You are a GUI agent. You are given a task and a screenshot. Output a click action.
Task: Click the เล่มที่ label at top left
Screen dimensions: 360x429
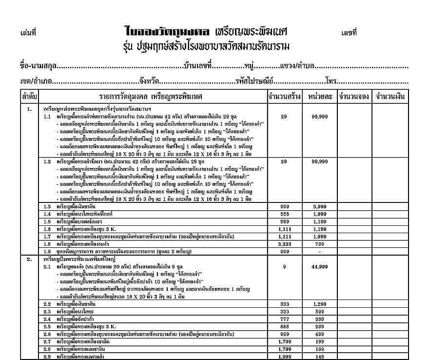[29, 34]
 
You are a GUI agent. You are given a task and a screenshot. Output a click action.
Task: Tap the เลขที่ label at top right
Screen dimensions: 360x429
[350, 33]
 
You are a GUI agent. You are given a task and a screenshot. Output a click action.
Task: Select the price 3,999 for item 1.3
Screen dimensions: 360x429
[320, 207]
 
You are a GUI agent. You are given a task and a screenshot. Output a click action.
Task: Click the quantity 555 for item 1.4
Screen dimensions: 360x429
[285, 214]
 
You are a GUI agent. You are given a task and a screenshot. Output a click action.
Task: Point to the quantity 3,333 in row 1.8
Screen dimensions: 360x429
[285, 243]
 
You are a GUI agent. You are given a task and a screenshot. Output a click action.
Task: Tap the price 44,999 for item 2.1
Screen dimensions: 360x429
[320, 267]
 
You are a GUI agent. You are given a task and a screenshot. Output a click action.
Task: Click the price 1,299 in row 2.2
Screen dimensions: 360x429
[320, 304]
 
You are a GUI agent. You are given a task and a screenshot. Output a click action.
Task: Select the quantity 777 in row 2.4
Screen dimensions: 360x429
[285, 319]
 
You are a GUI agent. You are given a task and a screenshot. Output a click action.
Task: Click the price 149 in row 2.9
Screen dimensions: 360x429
[320, 357]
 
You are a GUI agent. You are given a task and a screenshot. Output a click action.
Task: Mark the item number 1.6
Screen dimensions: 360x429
[47, 229]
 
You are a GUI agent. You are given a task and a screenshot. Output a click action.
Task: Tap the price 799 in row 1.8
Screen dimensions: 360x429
[320, 243]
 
